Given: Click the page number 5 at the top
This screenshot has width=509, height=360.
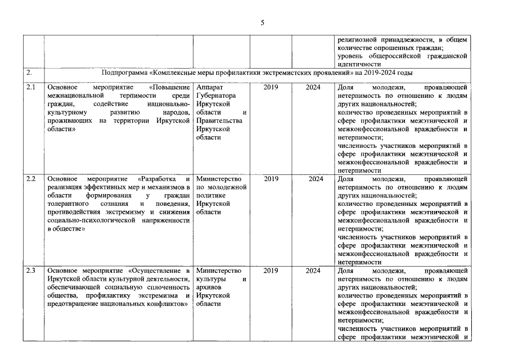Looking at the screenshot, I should (x=262, y=22).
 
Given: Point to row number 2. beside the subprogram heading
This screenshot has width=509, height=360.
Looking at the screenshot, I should (x=29, y=73).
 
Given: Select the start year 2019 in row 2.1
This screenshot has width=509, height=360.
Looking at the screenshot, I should (x=271, y=88).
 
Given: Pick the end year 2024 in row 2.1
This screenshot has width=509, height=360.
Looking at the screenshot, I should (x=313, y=88).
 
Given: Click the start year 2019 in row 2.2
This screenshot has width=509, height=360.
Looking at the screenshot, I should (x=271, y=179).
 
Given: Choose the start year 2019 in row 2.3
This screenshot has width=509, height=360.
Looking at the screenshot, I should (x=271, y=271).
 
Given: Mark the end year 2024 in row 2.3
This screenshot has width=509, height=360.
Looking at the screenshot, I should (x=313, y=271).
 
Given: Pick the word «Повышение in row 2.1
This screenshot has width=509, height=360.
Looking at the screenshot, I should (x=170, y=88).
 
